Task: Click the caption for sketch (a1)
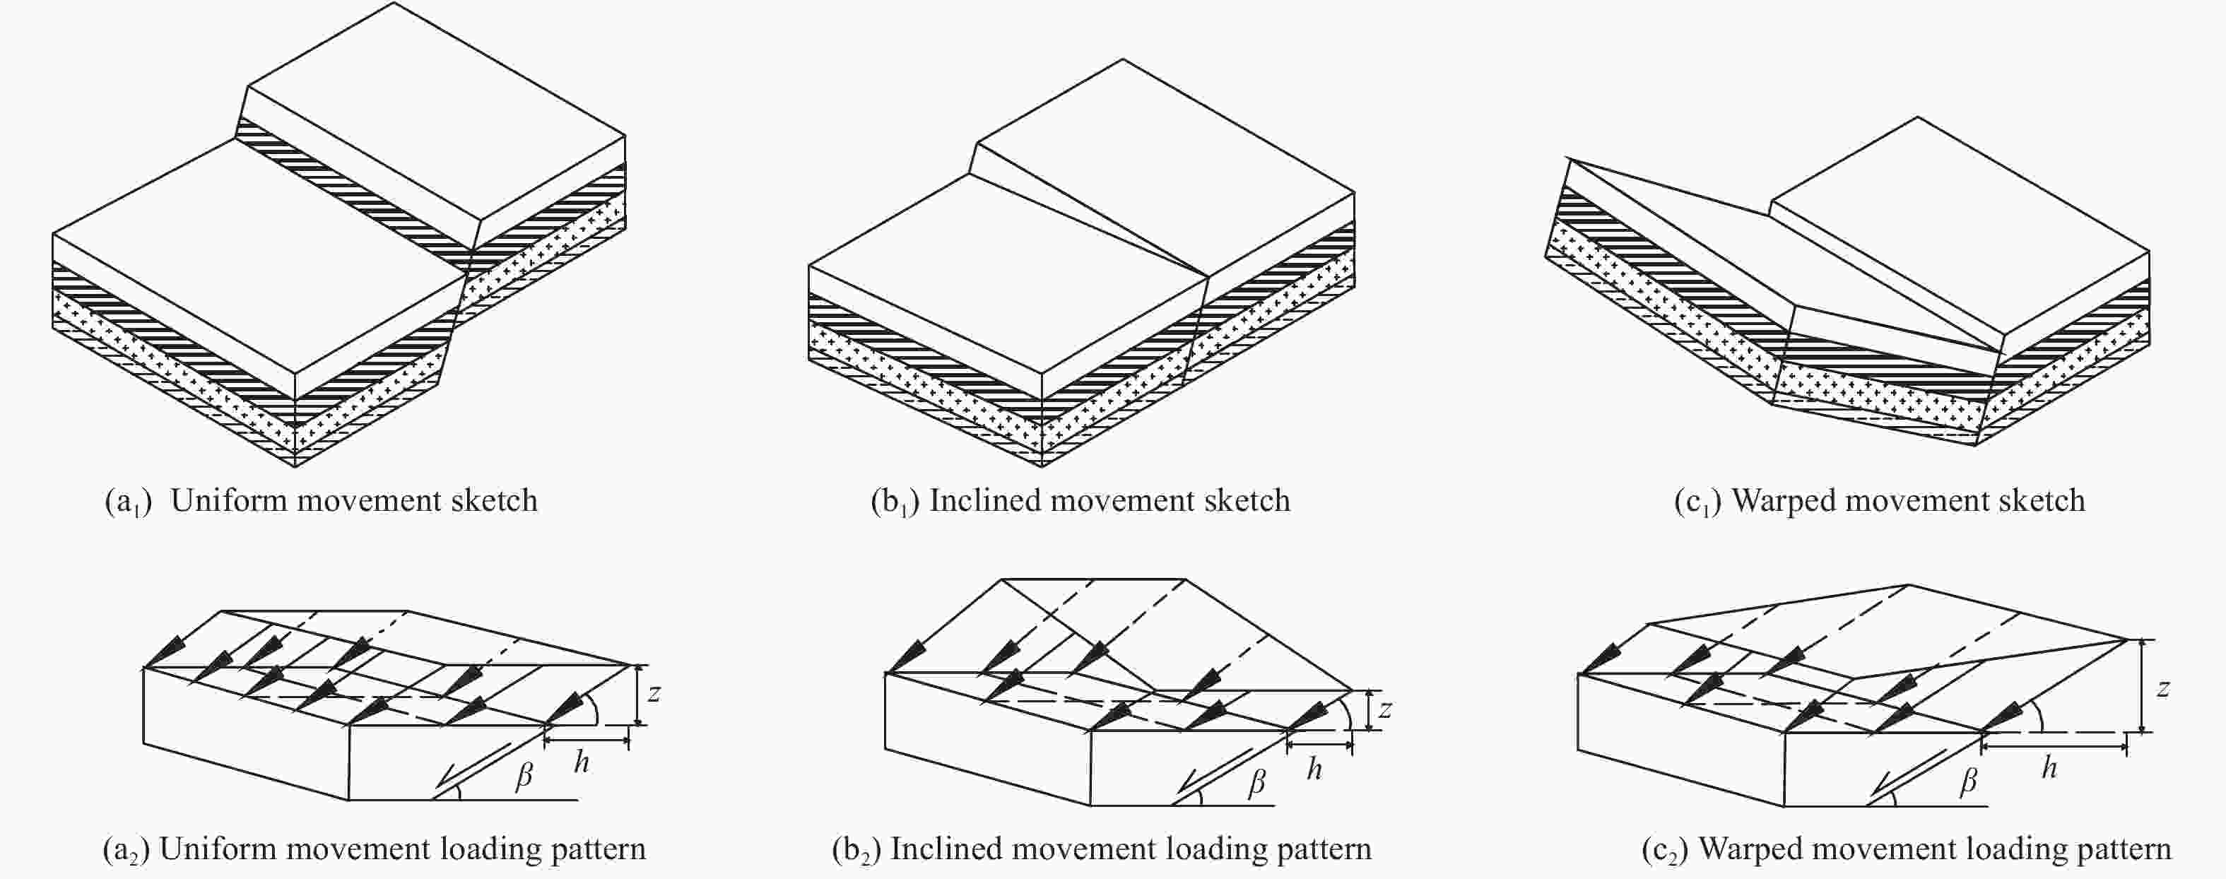pos(322,501)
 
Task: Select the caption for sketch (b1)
pos(1080,501)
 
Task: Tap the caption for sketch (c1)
pos(1880,501)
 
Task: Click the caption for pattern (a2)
pos(374,849)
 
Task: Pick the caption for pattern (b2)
pos(1102,849)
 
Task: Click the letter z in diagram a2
pos(654,692)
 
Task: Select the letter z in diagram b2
pos(1385,709)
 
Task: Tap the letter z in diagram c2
pos(2163,688)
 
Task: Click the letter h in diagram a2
pos(582,762)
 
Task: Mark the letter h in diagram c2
pos(2049,767)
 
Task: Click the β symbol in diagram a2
pos(524,776)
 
